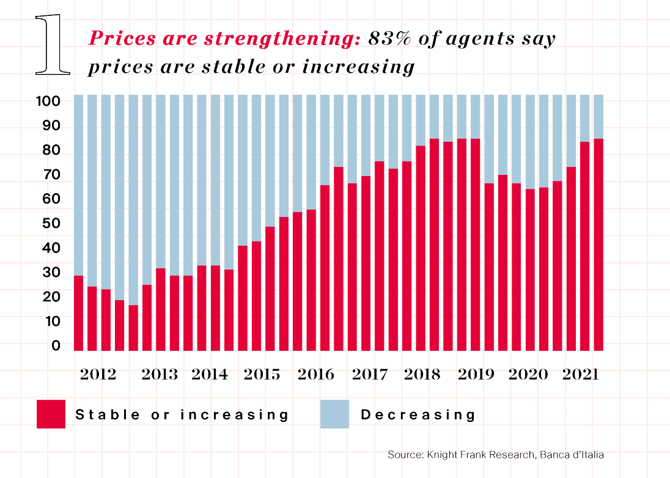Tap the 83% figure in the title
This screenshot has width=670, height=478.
tap(392, 39)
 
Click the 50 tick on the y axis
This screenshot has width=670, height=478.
tap(52, 224)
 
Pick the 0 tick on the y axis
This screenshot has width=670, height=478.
tap(56, 346)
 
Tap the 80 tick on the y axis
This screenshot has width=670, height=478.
tap(52, 150)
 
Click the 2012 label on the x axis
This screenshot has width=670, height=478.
tap(98, 374)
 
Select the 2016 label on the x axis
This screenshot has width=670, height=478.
tap(315, 374)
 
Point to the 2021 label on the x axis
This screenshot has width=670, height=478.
tap(581, 374)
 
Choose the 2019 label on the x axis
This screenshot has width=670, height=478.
tap(476, 374)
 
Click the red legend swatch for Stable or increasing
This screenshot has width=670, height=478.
tap(51, 414)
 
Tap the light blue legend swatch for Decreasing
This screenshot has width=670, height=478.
tap(334, 414)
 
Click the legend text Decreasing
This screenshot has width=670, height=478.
tap(418, 414)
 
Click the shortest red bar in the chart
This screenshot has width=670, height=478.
tap(133, 328)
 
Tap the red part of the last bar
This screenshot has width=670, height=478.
tap(598, 245)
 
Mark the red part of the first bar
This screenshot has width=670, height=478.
tap(79, 313)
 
